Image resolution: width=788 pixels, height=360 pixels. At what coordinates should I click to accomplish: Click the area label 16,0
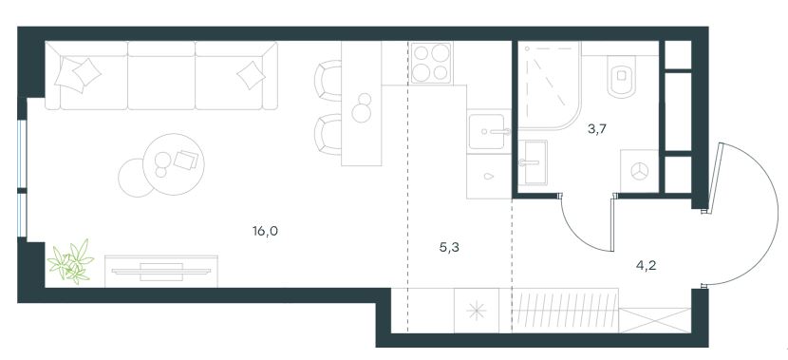point(265,231)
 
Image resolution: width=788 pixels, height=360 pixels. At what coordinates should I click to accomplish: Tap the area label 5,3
point(449,247)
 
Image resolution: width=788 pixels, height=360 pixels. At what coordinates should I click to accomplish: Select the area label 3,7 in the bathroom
point(597,129)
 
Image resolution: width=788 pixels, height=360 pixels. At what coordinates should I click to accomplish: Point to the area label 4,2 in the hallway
point(646,266)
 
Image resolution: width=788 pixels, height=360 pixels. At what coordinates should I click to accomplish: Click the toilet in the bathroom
point(622,75)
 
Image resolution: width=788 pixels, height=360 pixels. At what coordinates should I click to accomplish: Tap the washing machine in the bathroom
point(639,171)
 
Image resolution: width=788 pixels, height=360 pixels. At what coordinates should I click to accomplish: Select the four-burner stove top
point(431,63)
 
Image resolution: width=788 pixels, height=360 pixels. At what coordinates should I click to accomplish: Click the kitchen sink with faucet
point(487,132)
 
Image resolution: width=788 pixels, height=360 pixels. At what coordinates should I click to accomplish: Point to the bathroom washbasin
point(533,163)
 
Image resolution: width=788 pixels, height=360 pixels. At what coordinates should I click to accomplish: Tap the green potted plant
point(70,260)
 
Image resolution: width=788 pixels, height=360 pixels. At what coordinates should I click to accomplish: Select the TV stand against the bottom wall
point(161,272)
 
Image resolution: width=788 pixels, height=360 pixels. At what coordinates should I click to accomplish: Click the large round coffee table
point(174,164)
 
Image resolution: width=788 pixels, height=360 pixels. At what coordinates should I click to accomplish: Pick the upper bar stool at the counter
point(328,81)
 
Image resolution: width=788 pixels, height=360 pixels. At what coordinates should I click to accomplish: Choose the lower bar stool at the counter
point(328,134)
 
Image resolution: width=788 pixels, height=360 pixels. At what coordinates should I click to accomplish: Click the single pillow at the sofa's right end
point(251,75)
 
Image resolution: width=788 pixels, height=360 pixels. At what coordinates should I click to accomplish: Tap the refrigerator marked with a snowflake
point(477,311)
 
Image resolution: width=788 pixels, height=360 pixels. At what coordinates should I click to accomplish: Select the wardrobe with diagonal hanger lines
point(566,311)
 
